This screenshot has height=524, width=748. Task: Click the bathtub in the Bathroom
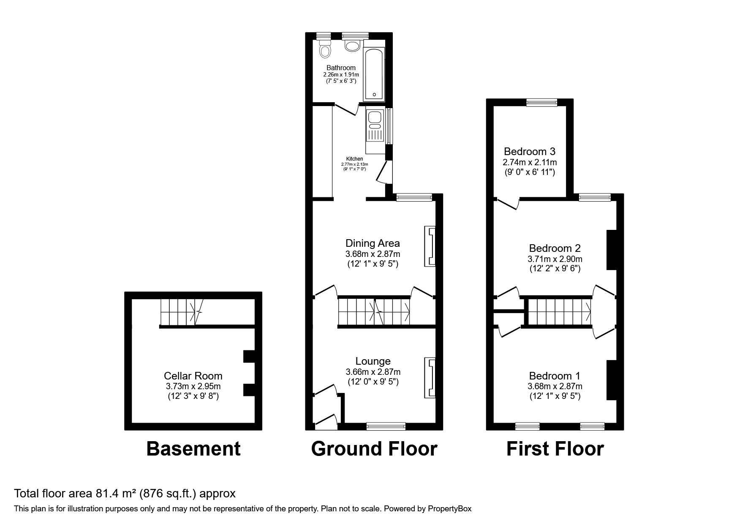pos(374,74)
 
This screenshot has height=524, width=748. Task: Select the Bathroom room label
pos(341,68)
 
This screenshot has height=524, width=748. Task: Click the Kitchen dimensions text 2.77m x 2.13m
pos(354,164)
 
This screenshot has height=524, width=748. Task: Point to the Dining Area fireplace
pos(430,247)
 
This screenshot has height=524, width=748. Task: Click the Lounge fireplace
pos(430,378)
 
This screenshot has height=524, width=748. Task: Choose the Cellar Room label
pos(193,376)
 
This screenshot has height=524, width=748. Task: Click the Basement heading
pos(193,448)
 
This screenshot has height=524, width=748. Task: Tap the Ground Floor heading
pos(374,448)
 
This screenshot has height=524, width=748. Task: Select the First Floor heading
pos(555,448)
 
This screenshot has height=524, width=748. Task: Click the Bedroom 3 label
pos(529,151)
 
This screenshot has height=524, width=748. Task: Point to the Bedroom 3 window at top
pos(542,102)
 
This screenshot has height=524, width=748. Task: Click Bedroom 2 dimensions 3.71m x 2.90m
pos(555,259)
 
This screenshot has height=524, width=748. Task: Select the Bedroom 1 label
pos(555,376)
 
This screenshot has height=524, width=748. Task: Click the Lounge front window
pos(386,426)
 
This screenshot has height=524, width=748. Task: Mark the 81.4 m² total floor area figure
pos(108,493)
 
